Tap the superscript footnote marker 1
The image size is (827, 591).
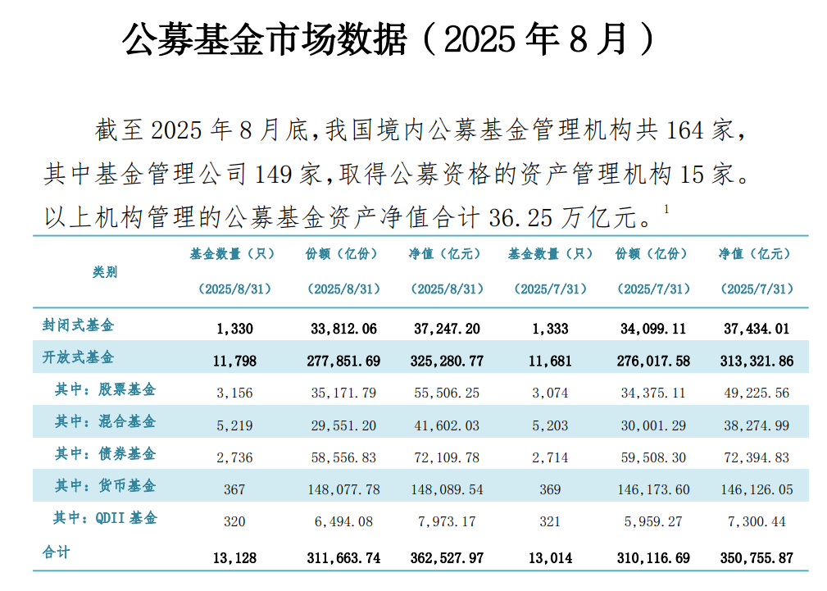coord(667,210)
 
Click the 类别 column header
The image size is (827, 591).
coord(105,271)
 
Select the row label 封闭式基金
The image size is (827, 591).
coord(79,325)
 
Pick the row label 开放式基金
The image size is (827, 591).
coord(79,357)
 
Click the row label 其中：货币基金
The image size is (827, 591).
coord(105,486)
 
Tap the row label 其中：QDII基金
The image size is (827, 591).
coord(105,518)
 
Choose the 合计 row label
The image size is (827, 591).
coord(57,552)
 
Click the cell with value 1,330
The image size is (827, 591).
coord(235,329)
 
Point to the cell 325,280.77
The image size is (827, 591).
coord(447,361)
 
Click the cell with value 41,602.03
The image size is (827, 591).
coord(447,425)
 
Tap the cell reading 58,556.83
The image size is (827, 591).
coord(343,457)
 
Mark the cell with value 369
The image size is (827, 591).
coord(550,489)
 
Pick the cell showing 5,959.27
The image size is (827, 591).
coord(652,521)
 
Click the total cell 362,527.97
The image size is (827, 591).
coord(447,557)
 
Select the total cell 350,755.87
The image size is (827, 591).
coord(756,557)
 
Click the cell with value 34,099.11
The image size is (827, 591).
coord(652,329)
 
